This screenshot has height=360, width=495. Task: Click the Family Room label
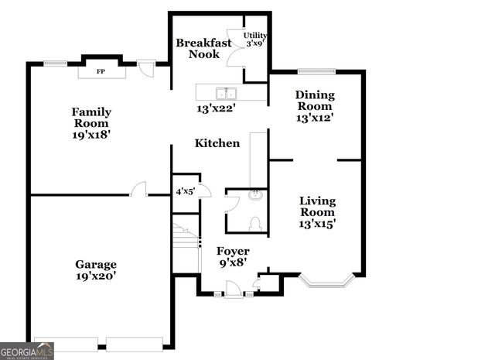pyautogui.click(x=90, y=117)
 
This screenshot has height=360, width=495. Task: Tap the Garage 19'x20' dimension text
pyautogui.click(x=96, y=275)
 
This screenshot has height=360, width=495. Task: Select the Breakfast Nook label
pyautogui.click(x=203, y=49)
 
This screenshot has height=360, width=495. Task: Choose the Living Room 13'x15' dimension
pyautogui.click(x=318, y=224)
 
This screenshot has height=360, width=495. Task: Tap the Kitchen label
pyautogui.click(x=217, y=143)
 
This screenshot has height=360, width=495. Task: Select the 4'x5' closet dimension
pyautogui.click(x=184, y=190)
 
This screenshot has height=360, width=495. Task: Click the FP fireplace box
pyautogui.click(x=101, y=72)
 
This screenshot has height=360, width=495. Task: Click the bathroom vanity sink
pyautogui.click(x=254, y=196)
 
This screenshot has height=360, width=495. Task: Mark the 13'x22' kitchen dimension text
pyautogui.click(x=216, y=108)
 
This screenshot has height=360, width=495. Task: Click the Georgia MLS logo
pyautogui.click(x=27, y=351)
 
